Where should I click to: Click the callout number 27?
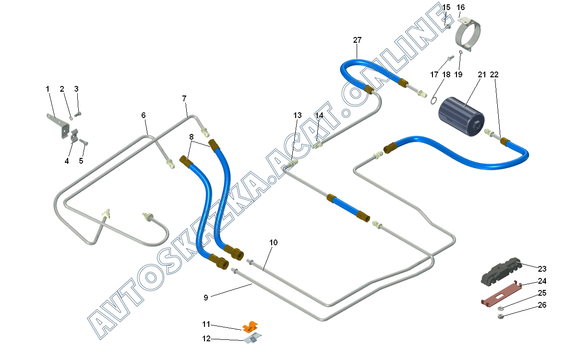357,40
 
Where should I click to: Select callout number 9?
206,298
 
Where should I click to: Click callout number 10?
273,243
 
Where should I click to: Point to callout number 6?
143,116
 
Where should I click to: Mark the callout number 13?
298,116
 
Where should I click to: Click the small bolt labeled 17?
450,58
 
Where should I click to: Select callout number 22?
494,75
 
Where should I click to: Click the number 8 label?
192,137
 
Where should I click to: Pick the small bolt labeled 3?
79,113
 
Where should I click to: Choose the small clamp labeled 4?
74,136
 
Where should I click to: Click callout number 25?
542,293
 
